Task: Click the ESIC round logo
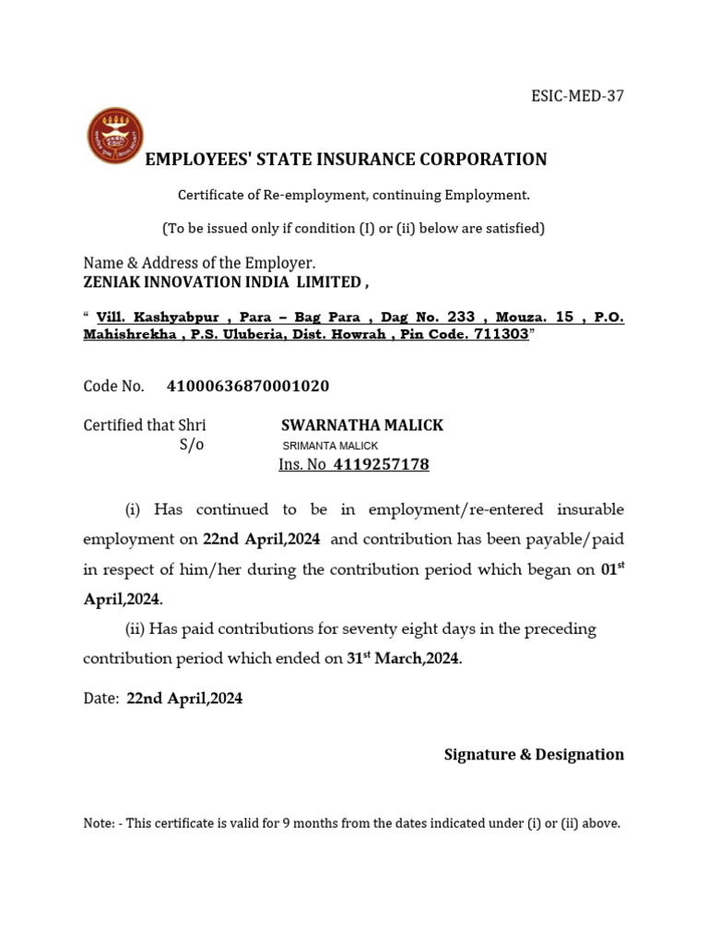(114, 136)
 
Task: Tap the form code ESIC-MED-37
(578, 96)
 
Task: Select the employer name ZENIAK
(114, 281)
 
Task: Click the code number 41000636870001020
(248, 386)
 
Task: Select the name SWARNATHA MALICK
(361, 425)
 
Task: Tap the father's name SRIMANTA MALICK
(330, 446)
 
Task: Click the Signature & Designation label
(534, 755)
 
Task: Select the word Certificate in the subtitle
(209, 195)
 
